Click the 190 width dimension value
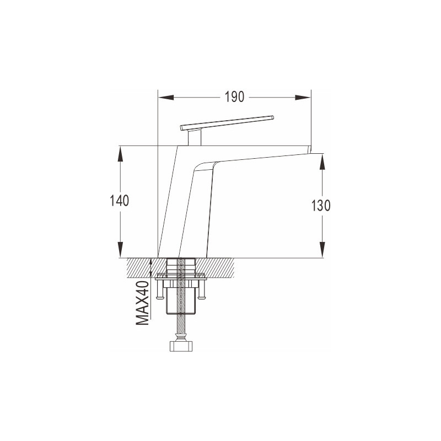tap(234, 97)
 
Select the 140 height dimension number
tap(119, 201)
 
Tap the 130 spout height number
tap(321, 206)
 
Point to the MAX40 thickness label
tap(142, 303)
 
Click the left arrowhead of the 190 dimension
tap(166, 98)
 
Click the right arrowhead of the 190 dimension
tap(303, 98)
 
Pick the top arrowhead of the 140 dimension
tap(120, 154)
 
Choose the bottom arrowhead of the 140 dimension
tap(120, 250)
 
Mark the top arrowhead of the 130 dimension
tap(322, 162)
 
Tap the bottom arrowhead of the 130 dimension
tap(322, 250)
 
